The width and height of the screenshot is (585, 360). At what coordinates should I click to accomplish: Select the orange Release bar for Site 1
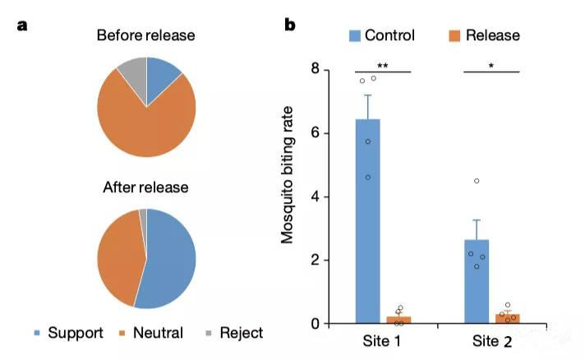point(399,319)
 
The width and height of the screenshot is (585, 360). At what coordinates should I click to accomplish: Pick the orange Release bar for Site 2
point(508,318)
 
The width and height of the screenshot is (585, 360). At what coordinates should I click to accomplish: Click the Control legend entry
point(380,35)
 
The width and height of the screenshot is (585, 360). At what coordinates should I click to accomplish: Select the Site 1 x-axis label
point(384,340)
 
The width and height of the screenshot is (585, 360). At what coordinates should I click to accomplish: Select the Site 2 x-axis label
point(492,340)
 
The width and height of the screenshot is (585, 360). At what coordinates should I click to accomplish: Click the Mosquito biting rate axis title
point(288,196)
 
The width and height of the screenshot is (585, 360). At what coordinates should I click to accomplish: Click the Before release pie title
point(145,35)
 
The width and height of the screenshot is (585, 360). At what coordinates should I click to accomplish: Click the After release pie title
point(145,187)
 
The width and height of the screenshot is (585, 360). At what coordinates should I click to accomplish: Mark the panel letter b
point(290,25)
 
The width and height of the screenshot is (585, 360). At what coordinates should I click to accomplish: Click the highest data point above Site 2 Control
point(477,181)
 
